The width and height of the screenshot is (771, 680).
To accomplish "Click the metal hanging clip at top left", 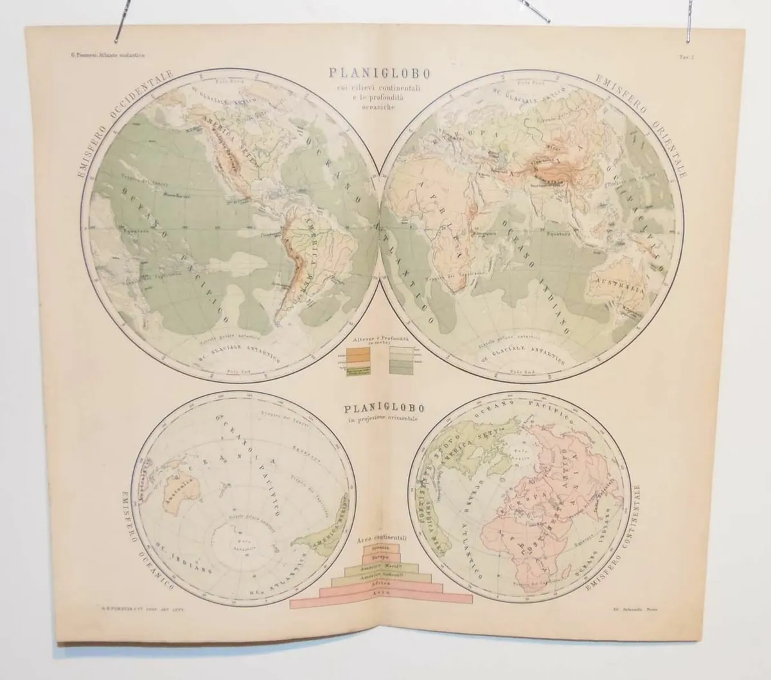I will tap(121, 23).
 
